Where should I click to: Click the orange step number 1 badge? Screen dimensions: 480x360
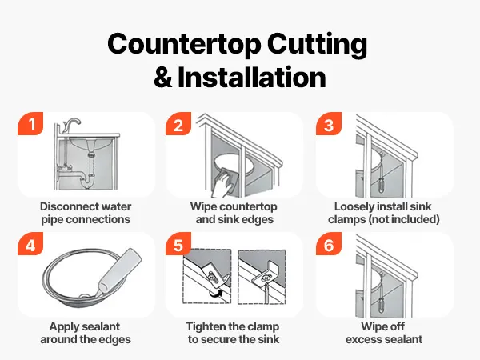coord(30,123)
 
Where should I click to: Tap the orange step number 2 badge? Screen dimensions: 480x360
coord(178,123)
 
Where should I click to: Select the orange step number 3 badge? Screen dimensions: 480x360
coord(329,123)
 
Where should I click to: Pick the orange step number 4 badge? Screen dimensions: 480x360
coord(30,244)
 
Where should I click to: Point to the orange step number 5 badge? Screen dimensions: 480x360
coord(178,244)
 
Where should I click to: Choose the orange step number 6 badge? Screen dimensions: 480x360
coord(329,244)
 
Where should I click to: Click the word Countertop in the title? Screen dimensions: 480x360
coord(184,44)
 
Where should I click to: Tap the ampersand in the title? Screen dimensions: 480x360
coord(162,78)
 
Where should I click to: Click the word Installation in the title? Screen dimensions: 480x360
coord(252,77)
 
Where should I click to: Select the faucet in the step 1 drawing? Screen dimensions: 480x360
coord(70,125)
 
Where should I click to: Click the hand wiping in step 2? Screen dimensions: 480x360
coord(222,186)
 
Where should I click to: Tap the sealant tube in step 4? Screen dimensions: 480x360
coord(120,270)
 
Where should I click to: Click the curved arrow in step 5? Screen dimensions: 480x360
coord(215,294)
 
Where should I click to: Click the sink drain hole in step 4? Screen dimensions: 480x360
coord(84,296)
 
